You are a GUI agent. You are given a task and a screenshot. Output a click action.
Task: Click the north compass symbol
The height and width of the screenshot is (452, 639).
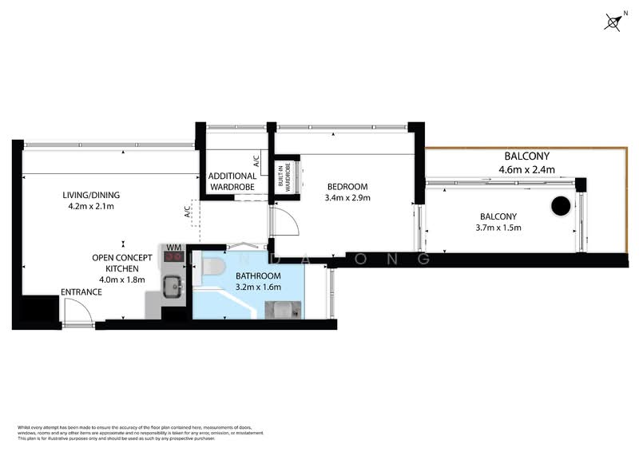pos(613,22)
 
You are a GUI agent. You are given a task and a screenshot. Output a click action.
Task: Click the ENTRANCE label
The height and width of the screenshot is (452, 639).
pos(81,292)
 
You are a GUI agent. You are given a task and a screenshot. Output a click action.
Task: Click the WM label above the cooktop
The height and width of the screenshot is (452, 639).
pos(173,248)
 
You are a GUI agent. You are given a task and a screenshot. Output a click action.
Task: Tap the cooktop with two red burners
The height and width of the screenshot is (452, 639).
pos(173,259)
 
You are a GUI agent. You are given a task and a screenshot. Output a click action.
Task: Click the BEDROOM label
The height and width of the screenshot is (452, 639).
pos(347,187)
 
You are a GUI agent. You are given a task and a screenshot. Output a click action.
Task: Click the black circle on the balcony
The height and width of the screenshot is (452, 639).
pos(561,206)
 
